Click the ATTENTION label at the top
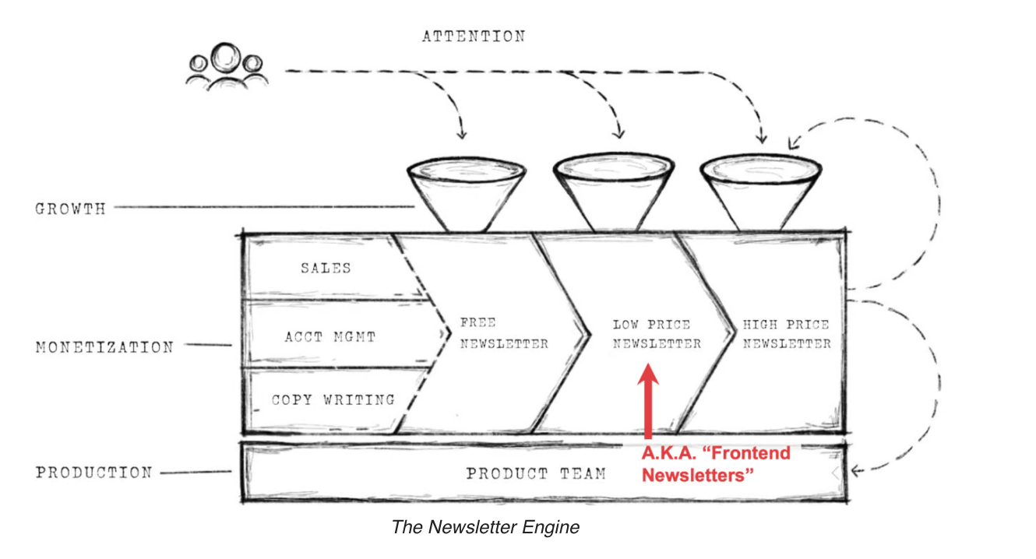click(474, 37)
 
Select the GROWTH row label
click(70, 209)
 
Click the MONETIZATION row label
click(104, 347)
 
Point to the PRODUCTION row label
click(93, 473)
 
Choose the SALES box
click(326, 268)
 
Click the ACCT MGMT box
click(329, 337)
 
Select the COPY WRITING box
click(333, 400)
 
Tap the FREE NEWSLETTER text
click(503, 333)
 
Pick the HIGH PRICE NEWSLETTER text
click(786, 334)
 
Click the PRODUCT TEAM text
click(536, 473)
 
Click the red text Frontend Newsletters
click(715, 464)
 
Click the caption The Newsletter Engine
click(485, 527)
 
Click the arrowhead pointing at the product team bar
click(855, 470)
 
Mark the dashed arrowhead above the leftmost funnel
click(461, 133)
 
